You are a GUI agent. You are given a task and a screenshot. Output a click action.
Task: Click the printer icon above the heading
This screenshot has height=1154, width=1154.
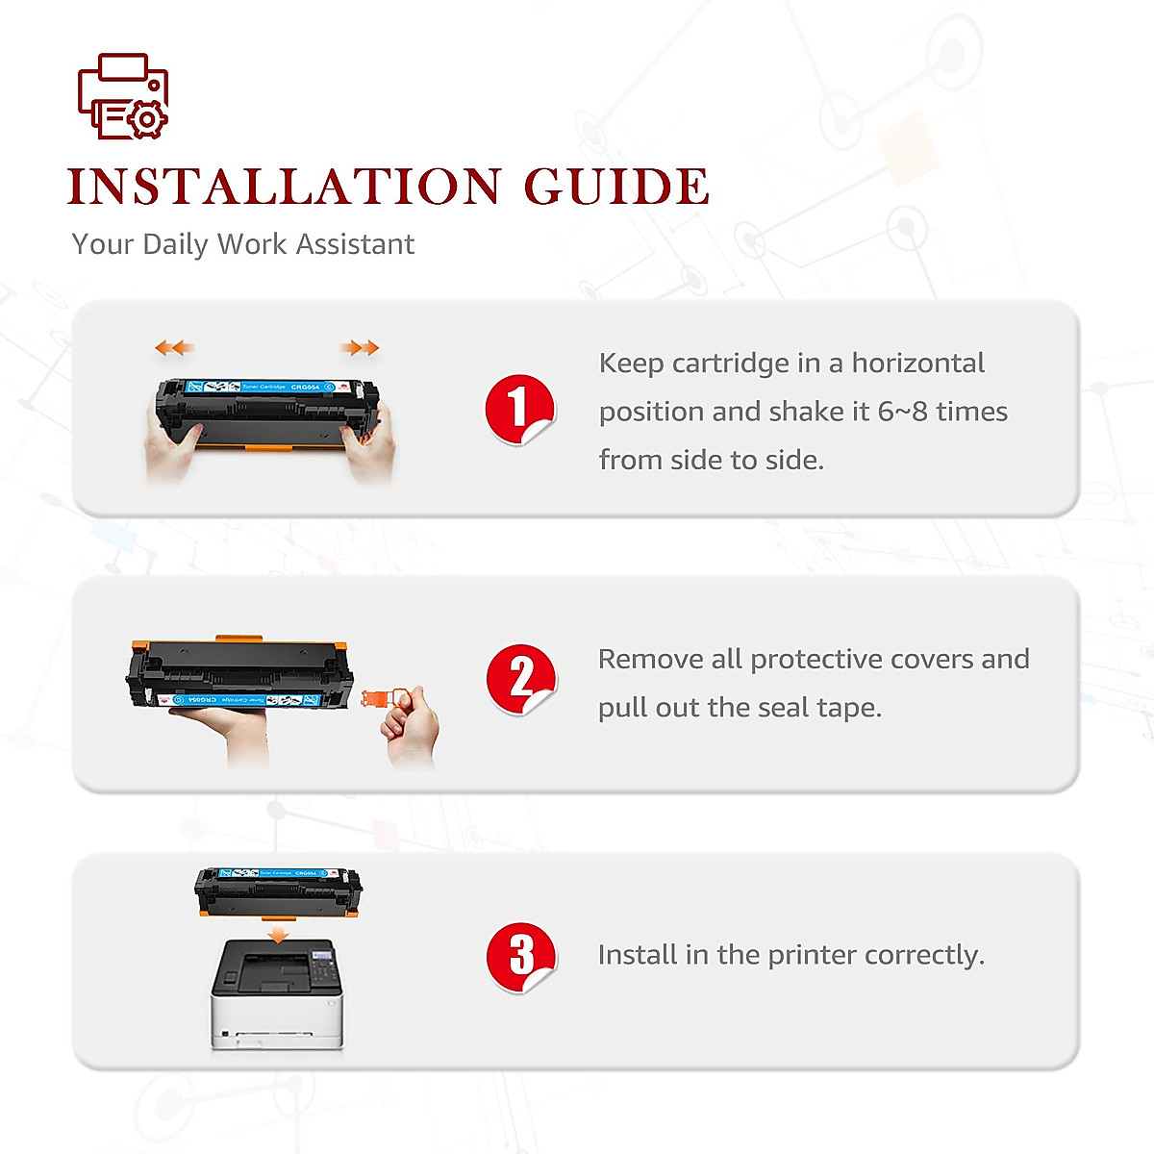pos(123,96)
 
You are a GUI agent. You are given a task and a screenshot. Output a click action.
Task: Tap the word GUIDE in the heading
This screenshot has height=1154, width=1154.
pos(616,187)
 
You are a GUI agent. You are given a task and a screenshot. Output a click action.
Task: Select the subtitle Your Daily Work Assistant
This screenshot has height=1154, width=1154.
pos(242,244)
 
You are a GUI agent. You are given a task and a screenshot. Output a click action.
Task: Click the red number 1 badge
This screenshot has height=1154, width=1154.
pos(519,409)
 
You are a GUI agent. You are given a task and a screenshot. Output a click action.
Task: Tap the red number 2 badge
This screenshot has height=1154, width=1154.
pos(520,679)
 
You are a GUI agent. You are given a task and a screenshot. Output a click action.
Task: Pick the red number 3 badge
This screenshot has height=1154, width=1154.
pos(520,956)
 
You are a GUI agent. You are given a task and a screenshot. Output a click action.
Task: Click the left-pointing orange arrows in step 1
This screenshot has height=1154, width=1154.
pos(174,347)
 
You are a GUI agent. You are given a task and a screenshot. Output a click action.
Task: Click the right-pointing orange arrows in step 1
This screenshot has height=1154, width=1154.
pos(361,347)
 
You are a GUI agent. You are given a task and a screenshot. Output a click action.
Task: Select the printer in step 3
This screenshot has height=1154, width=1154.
pos(277,995)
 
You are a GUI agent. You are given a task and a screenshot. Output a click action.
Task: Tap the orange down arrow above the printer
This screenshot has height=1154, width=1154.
pos(279,934)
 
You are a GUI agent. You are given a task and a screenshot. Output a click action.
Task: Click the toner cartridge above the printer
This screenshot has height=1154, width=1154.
pos(278,891)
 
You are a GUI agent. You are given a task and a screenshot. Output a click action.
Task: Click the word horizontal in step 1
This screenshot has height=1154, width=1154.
pos(917,364)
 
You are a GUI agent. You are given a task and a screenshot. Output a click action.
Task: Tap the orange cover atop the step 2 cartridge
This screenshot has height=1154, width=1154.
pos(239,639)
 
